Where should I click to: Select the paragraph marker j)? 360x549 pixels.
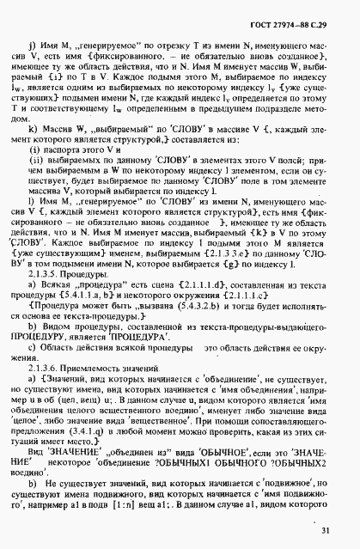pos(34,34)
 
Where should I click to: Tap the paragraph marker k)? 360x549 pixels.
pos(34,129)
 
